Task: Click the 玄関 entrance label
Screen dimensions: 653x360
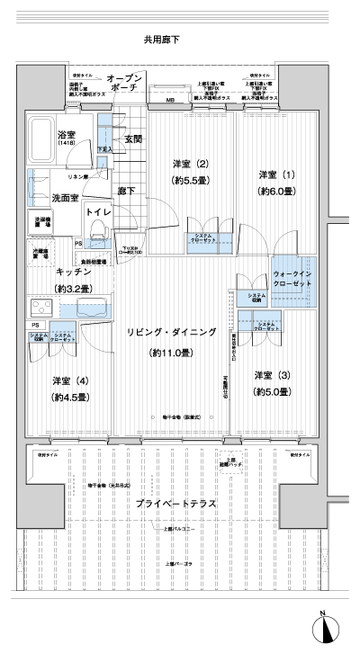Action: click(x=133, y=139)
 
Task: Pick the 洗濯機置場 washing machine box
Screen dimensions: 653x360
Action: click(x=42, y=223)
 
